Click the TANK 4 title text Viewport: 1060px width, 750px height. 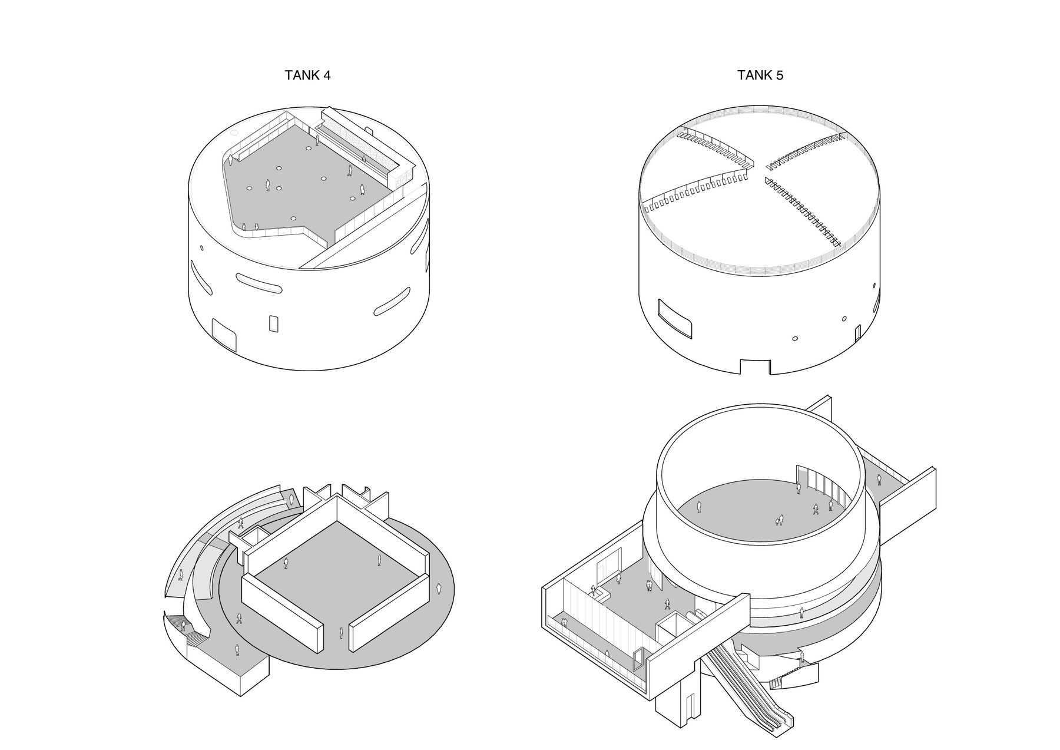click(x=307, y=75)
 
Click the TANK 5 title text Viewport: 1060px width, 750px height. click(x=760, y=75)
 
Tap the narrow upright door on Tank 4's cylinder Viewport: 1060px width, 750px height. click(x=273, y=323)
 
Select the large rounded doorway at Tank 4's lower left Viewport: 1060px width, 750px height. click(x=224, y=334)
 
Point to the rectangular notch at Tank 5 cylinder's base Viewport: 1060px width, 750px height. click(x=755, y=366)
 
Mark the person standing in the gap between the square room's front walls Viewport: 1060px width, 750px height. click(x=341, y=633)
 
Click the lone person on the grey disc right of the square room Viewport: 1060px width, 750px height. click(x=439, y=589)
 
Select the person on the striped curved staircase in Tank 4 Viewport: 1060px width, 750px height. click(x=183, y=626)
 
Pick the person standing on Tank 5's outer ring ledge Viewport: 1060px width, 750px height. click(x=802, y=613)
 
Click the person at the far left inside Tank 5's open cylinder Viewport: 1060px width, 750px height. click(x=699, y=506)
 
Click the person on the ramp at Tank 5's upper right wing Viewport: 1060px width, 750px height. click(x=879, y=480)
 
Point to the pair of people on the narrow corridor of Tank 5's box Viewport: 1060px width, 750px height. click(x=564, y=622)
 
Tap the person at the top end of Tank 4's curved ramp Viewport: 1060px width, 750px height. click(x=291, y=500)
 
